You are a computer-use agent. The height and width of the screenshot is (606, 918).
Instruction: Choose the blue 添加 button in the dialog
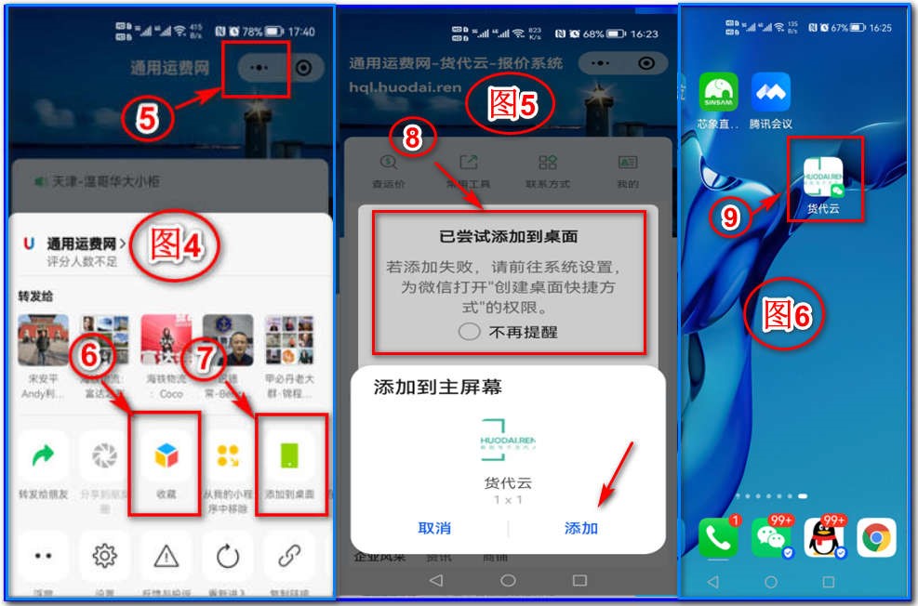click(x=581, y=528)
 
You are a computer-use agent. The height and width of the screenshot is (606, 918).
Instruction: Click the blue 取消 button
click(x=434, y=528)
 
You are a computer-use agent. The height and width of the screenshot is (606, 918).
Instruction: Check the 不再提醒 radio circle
click(x=470, y=332)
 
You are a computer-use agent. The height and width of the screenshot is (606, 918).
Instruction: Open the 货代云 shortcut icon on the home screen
click(x=823, y=178)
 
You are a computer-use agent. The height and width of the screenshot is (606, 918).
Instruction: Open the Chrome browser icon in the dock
click(x=875, y=537)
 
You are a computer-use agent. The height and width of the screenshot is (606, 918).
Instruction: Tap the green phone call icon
click(x=717, y=537)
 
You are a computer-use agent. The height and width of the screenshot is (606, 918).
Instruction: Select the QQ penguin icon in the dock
click(x=823, y=537)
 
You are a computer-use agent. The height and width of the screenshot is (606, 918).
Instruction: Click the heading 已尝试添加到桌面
click(x=508, y=237)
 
